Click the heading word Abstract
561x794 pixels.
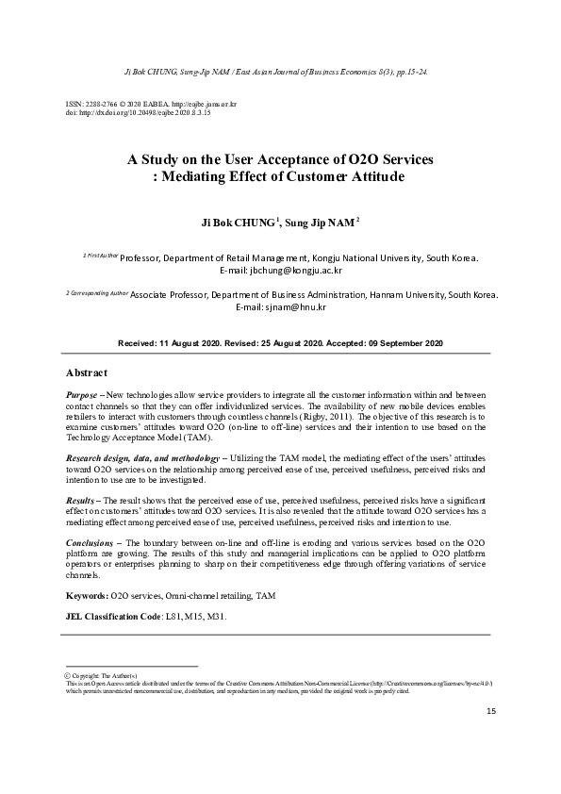pyautogui.click(x=86, y=373)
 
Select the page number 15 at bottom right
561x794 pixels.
pyautogui.click(x=490, y=710)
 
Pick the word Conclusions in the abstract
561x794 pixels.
pyautogui.click(x=91, y=544)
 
